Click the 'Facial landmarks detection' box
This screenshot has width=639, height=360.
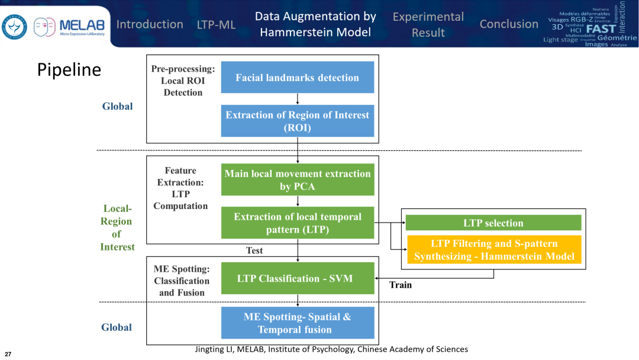(x=298, y=78)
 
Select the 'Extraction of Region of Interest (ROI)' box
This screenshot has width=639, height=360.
(x=298, y=121)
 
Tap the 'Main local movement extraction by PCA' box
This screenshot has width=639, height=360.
(x=298, y=179)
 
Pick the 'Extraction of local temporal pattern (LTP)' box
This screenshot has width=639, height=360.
(x=298, y=223)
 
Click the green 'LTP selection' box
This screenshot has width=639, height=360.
(x=493, y=223)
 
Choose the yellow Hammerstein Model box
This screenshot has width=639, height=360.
(x=493, y=249)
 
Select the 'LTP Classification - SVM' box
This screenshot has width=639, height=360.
(x=298, y=278)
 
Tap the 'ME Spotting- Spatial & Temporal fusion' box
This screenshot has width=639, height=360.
(x=298, y=323)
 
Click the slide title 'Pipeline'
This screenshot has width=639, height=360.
(x=69, y=70)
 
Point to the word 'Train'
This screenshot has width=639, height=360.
(x=401, y=285)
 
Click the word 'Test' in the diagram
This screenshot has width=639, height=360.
(x=254, y=250)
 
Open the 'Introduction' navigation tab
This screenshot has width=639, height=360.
(x=150, y=24)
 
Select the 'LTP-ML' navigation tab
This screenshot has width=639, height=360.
(x=217, y=25)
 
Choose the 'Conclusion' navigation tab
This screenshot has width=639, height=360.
(x=509, y=24)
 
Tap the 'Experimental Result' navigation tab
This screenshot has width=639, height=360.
(x=428, y=24)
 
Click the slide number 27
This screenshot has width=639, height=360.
(x=8, y=353)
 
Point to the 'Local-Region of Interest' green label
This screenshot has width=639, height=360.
(x=117, y=228)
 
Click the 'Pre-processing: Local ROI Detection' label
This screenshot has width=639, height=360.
(x=183, y=81)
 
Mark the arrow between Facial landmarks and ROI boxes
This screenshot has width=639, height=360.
(x=298, y=99)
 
